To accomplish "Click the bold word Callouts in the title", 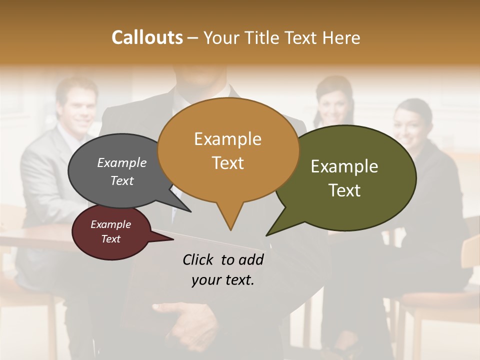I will coord(147,37).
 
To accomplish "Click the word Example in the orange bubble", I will coord(227,139).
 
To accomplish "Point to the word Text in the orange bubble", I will coord(227,163).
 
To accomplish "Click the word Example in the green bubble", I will coord(344,166).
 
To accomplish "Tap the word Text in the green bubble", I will coord(344,190).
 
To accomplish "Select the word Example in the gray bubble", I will coord(121,163).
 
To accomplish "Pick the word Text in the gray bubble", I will coord(121,181).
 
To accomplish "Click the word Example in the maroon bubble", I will coord(110,224).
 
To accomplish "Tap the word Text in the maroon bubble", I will coord(110,239).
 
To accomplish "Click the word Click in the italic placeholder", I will coord(199,259).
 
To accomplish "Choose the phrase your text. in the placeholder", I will coord(222,280).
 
